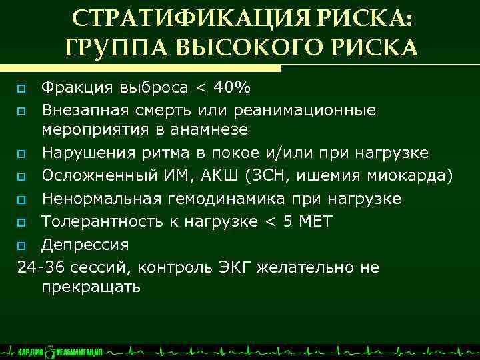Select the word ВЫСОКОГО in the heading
(x=247, y=47)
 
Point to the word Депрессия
(x=85, y=244)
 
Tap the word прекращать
(x=91, y=287)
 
